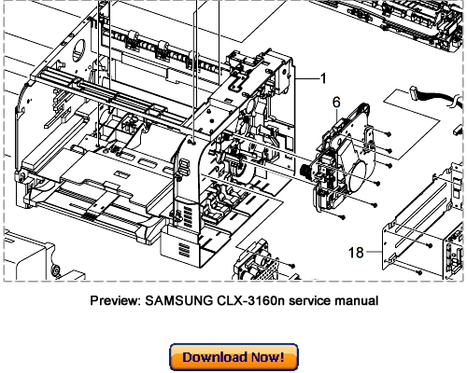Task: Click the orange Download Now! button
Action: [233, 357]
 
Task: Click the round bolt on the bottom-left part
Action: [55, 272]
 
